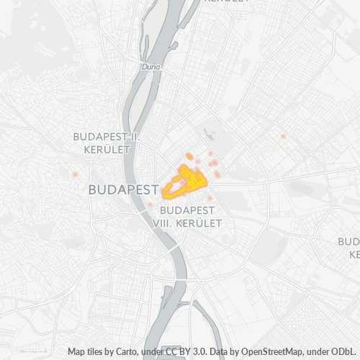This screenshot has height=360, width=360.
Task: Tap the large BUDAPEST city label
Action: [123, 190]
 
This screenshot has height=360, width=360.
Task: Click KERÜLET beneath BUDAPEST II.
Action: [107, 149]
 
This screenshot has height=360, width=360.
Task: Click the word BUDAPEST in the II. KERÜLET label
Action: [100, 135]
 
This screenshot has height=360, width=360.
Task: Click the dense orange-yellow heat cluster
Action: [184, 180]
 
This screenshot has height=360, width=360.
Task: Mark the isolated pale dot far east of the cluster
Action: [284, 136]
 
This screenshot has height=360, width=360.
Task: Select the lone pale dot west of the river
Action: [75, 174]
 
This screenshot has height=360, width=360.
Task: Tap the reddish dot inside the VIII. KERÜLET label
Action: [184, 224]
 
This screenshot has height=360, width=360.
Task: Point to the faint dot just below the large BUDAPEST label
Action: [150, 204]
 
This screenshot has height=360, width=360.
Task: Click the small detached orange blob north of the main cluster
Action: [189, 156]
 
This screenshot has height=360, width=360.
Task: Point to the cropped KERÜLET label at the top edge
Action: [226, 1]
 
